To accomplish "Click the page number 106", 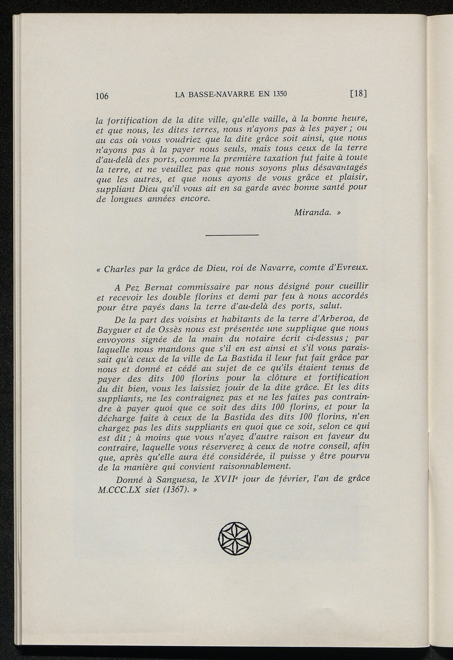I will click(102, 96).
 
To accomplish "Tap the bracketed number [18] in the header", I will click(359, 93).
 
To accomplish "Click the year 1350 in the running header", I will click(280, 94).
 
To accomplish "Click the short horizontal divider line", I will click(232, 235).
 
